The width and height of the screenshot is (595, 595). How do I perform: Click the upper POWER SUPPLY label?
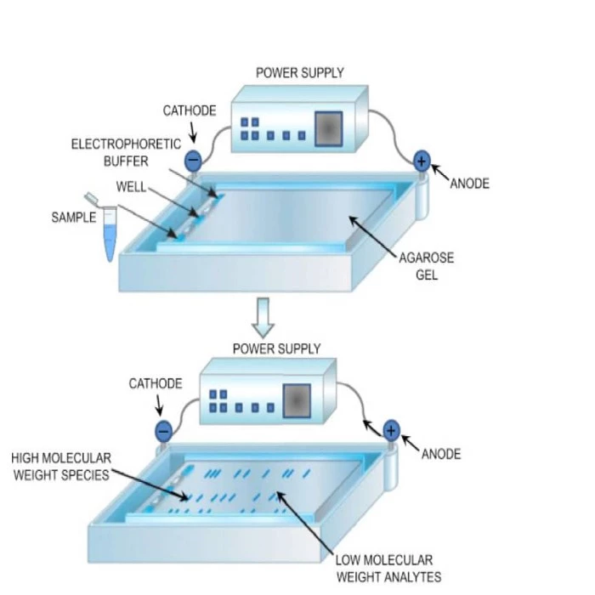pos(300,72)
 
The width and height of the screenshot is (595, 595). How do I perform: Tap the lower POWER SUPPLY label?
pos(277,348)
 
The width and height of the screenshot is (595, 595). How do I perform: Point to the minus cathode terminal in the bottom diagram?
pos(162,431)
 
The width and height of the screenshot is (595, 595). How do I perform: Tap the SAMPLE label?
pos(74,217)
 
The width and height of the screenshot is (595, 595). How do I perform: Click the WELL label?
pos(132,184)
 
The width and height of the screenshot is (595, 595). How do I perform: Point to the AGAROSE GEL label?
pos(426,266)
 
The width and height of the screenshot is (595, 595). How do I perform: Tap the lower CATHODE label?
pos(156,383)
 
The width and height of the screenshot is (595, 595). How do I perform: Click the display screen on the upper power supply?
pos(328,128)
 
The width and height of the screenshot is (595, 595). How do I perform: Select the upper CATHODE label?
pos(190,111)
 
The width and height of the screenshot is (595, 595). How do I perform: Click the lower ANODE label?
pos(441,454)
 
